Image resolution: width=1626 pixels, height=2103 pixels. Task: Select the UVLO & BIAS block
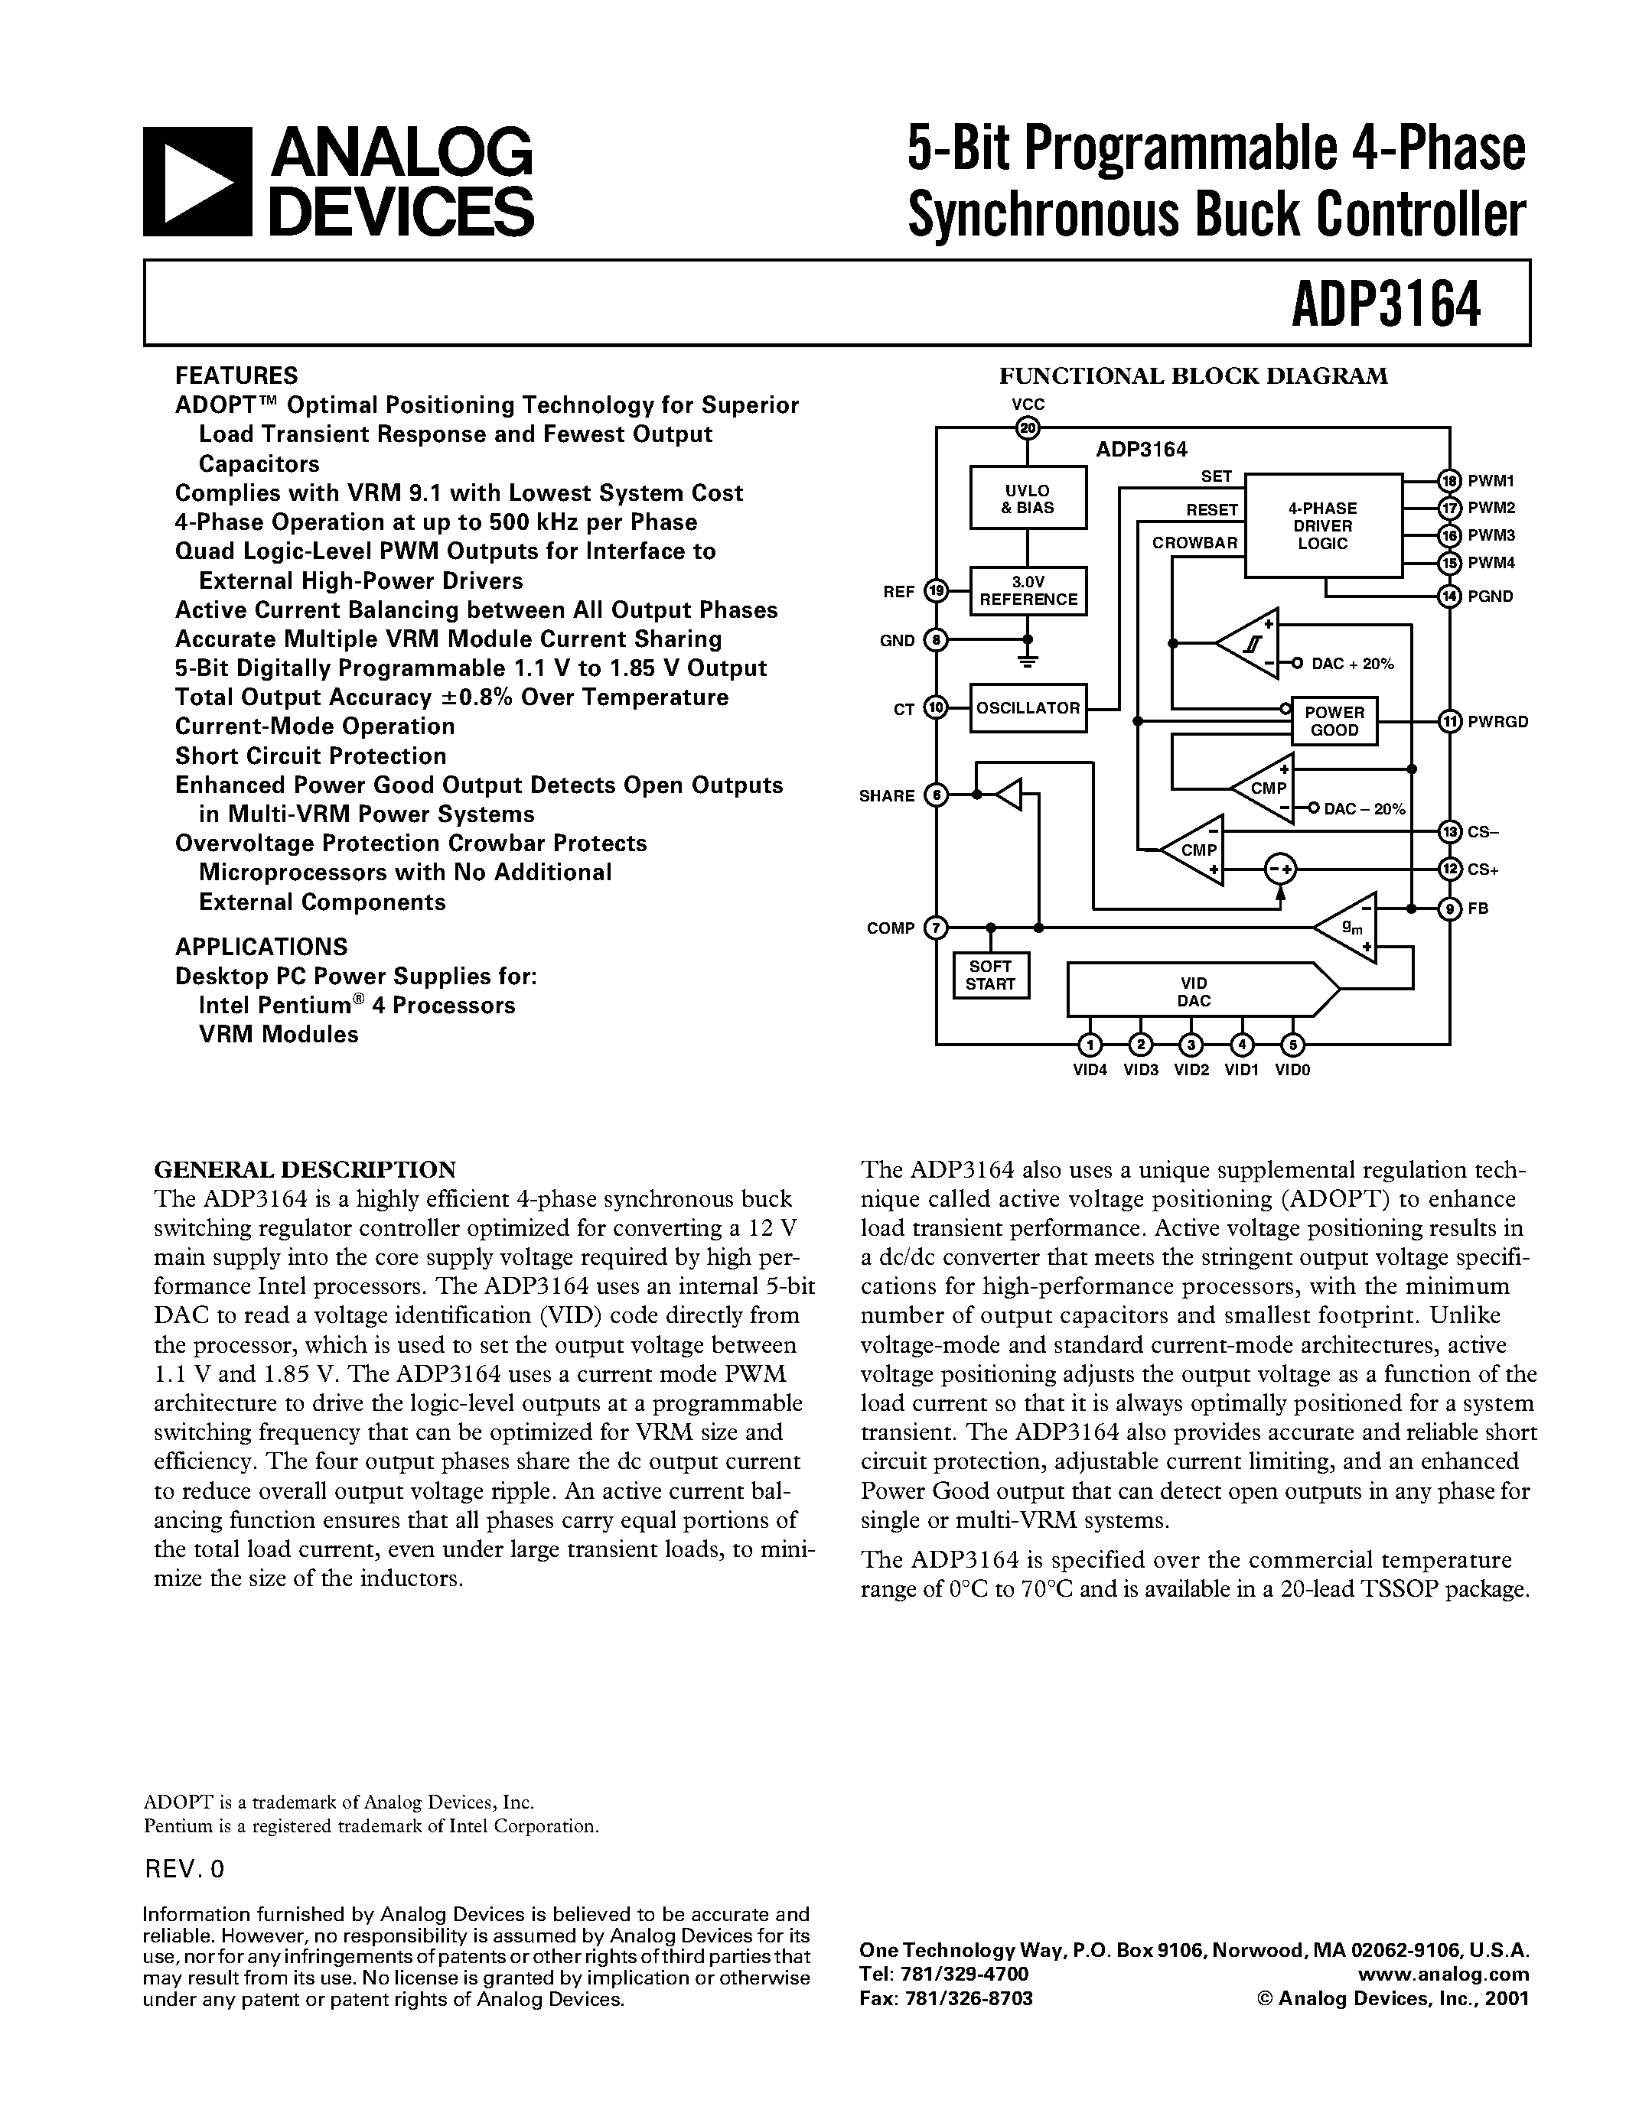pos(1028,498)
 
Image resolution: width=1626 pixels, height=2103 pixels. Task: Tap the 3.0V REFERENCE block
pos(1028,590)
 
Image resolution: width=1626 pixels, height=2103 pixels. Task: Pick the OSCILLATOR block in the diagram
pos(1028,707)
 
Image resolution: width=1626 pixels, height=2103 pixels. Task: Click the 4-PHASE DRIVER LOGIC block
pos(1322,525)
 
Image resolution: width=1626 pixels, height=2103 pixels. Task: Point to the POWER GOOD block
pos(1334,720)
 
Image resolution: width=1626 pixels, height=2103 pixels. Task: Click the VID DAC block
pos(1194,992)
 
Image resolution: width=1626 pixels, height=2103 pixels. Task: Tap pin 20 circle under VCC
pos(1028,428)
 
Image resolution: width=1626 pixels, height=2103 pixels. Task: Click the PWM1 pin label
pos(1491,480)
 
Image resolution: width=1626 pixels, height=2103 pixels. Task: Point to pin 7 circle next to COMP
pos(935,928)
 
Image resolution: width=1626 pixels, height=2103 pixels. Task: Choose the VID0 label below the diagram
pos(1292,1070)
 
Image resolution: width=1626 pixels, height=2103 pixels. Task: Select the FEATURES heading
pos(236,375)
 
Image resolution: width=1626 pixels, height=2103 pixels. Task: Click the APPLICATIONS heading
pos(261,947)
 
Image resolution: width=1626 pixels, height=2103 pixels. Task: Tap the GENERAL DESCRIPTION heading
pos(305,1170)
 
